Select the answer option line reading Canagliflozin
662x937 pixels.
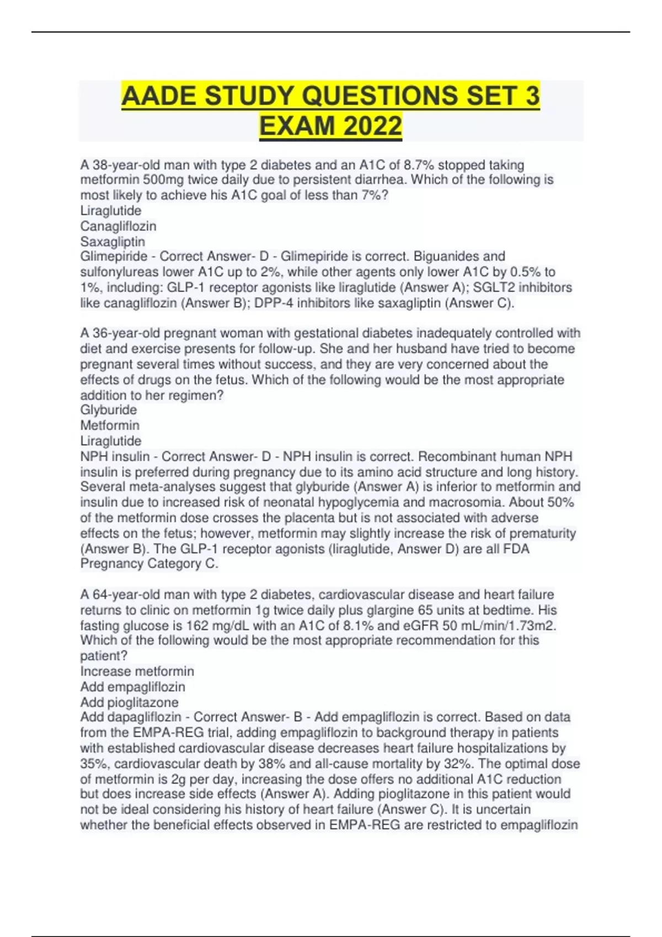(118, 226)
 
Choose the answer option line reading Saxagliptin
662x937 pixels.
(113, 241)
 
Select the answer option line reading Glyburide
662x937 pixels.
(109, 410)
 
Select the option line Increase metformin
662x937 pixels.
(137, 671)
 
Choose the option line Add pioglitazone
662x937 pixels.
(129, 702)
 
